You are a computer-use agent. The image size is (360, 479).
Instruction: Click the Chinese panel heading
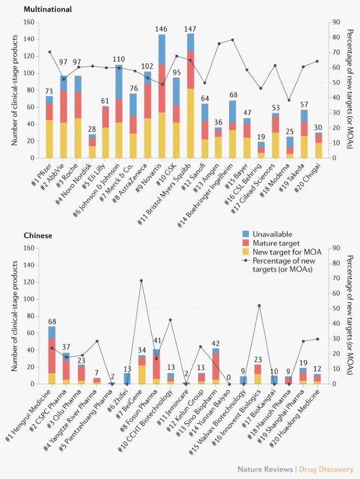pos(38,235)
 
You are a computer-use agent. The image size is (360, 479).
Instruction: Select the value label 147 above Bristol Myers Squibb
pos(190,29)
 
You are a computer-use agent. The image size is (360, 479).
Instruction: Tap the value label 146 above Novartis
pos(161,30)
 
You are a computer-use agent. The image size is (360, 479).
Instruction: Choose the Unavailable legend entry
pos(272,234)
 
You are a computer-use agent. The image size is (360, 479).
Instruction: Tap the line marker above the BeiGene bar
pos(141,281)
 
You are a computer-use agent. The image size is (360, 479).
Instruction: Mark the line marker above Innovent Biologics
pos(259,305)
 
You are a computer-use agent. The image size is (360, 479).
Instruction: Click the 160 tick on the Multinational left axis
pos(29,22)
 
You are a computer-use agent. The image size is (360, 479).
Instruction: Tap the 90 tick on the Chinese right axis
pos(336,248)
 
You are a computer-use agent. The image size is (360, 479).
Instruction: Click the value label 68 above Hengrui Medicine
pos(52,321)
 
